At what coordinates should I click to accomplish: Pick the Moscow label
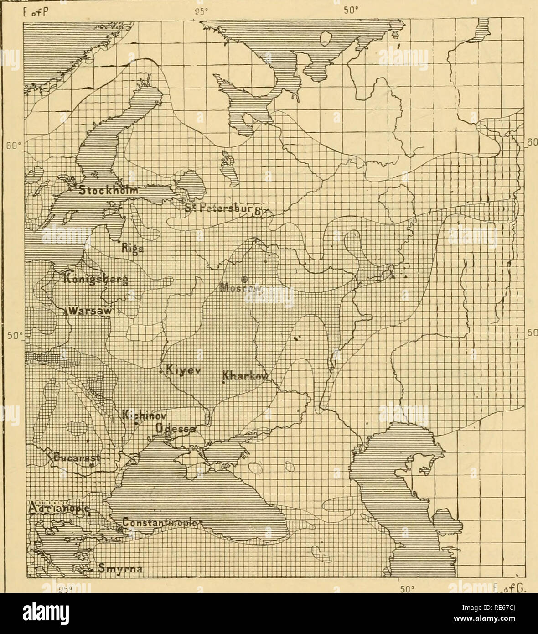241,288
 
